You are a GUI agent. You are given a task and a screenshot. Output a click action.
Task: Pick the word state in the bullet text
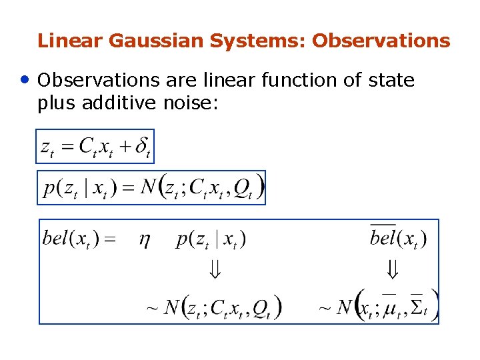point(391,81)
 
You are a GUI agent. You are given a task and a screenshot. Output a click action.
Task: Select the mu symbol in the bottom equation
point(388,308)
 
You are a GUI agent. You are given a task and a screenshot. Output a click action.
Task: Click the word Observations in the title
point(381,41)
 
